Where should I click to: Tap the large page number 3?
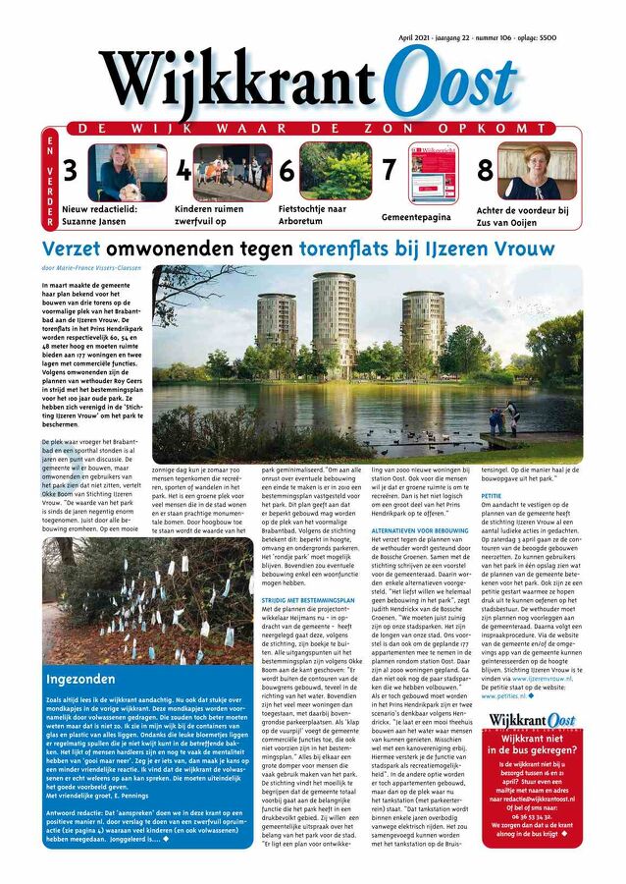click(x=70, y=171)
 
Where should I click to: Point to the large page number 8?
click(x=485, y=170)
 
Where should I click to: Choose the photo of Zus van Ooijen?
click(x=539, y=171)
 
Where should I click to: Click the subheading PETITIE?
click(x=492, y=497)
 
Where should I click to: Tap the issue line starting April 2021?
click(x=477, y=36)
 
